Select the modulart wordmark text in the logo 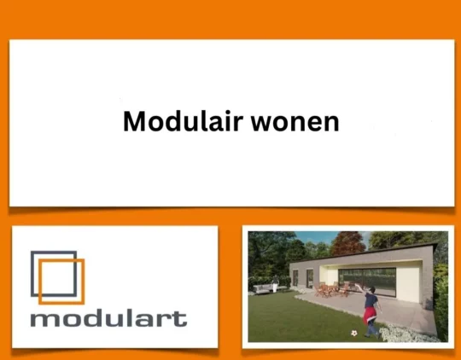tap(108, 319)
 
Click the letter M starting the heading tap(133, 121)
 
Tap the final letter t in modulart tap(182, 319)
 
